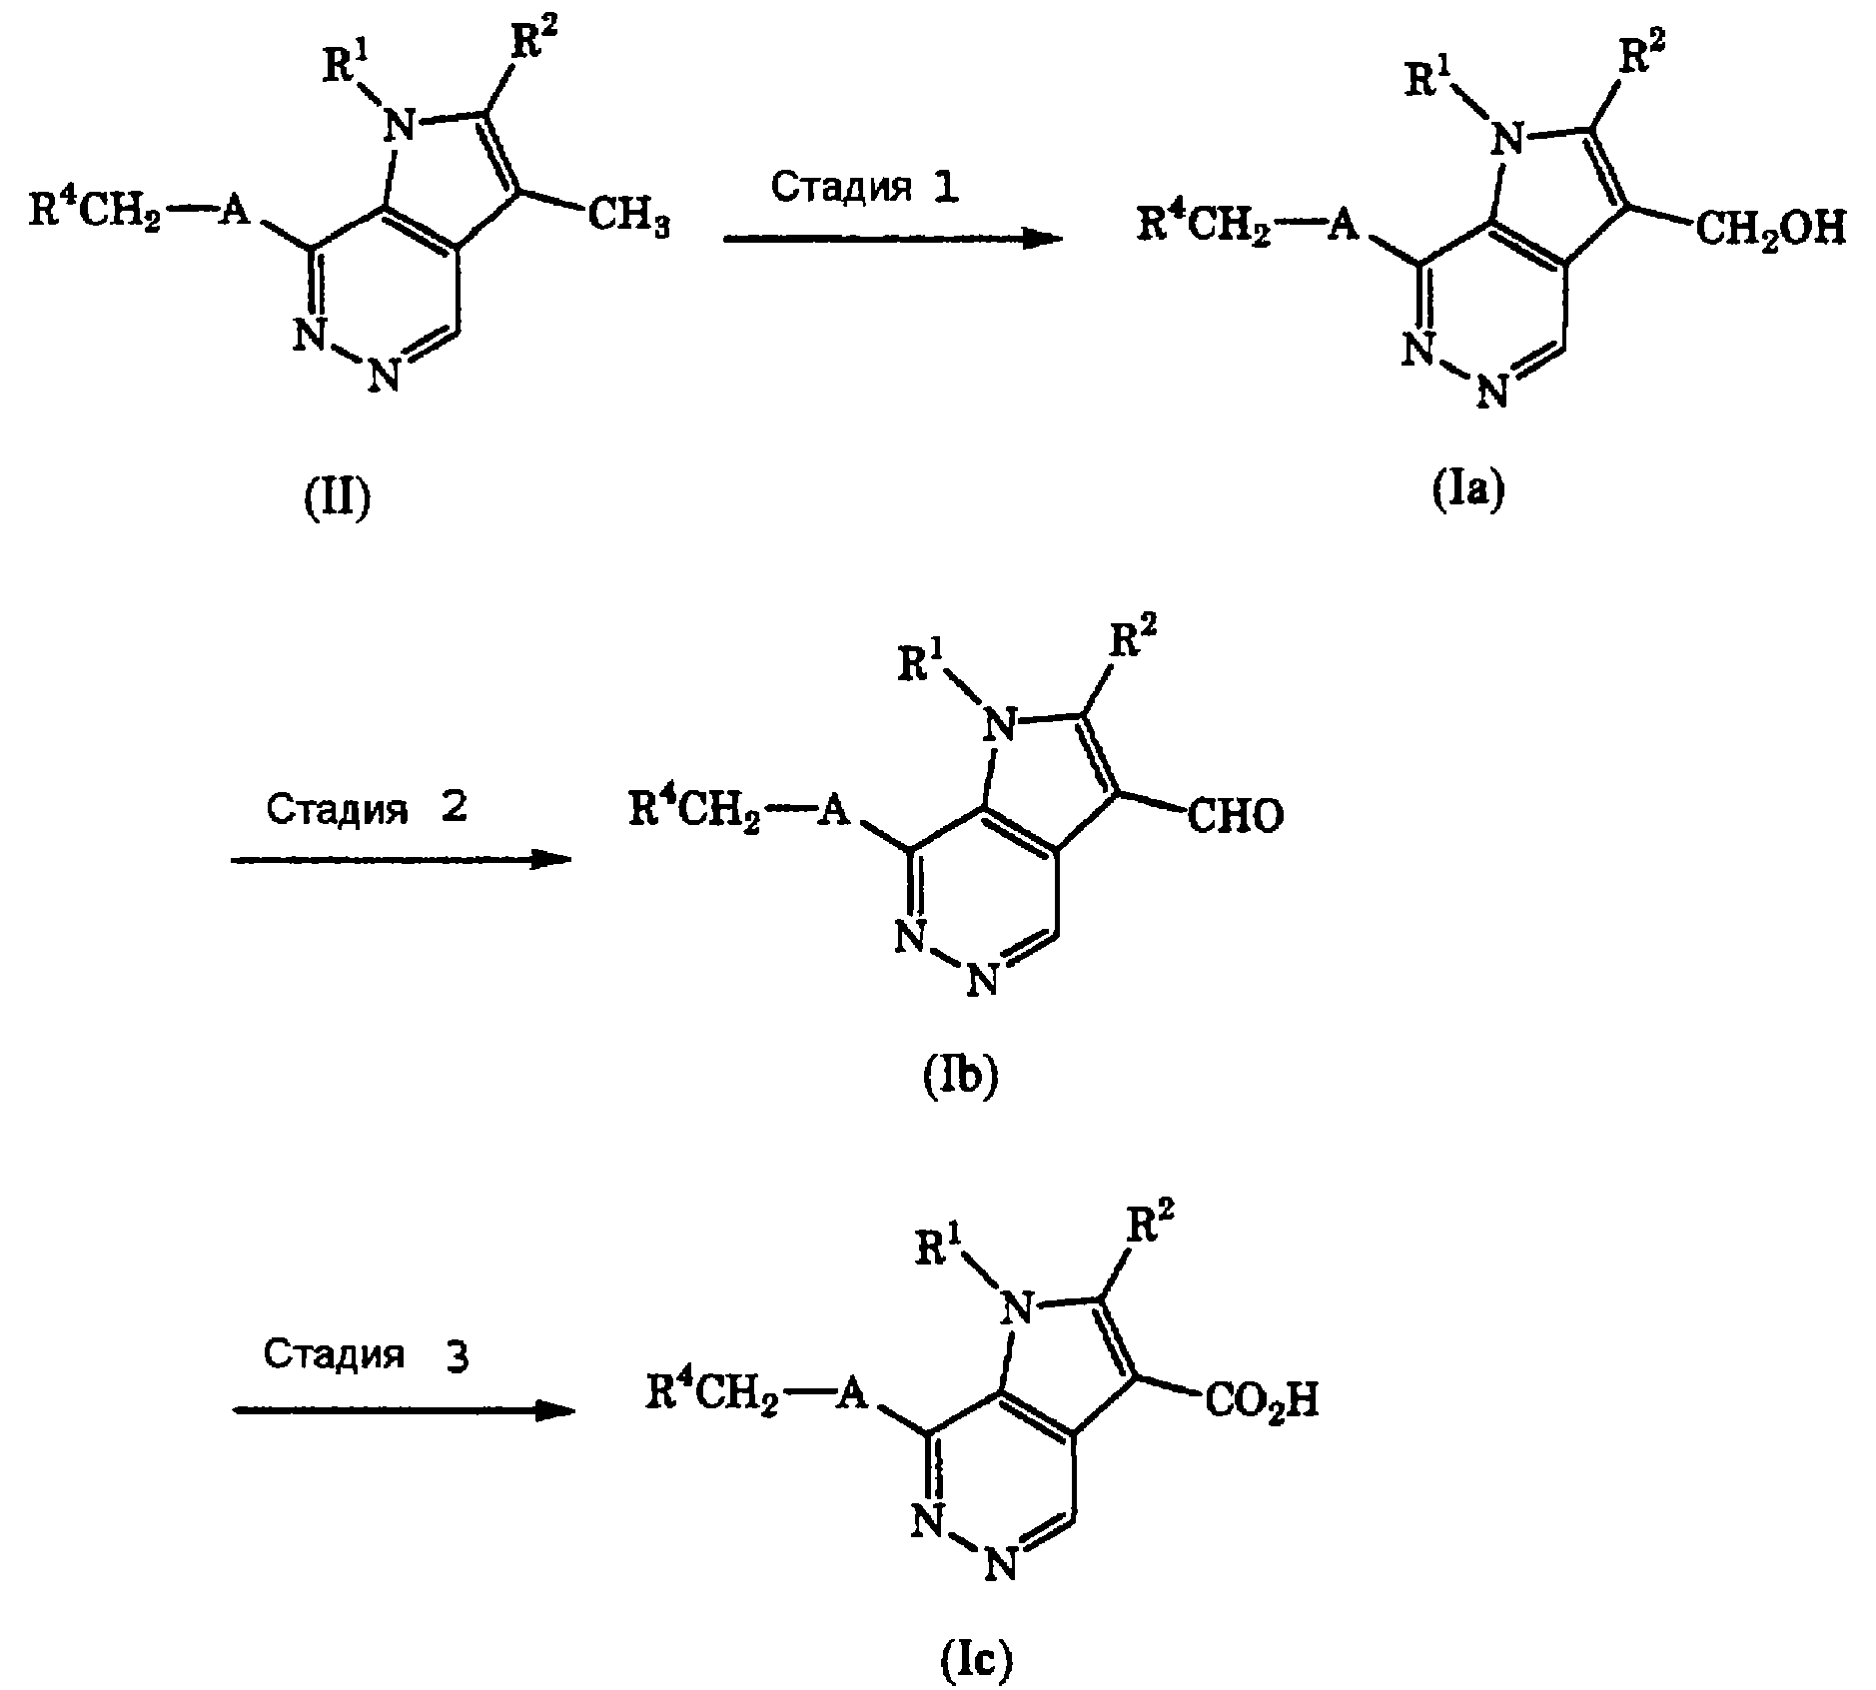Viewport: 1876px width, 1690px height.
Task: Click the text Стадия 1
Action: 865,188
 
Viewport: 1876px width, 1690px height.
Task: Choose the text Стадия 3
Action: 366,1355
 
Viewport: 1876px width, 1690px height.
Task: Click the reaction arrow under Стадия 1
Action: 893,239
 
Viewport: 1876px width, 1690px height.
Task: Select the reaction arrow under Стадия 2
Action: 402,858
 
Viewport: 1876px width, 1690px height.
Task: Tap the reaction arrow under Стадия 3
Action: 405,1409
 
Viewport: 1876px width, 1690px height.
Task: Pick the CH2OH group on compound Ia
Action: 1769,227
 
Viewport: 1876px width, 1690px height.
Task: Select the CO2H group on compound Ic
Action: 1262,1399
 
